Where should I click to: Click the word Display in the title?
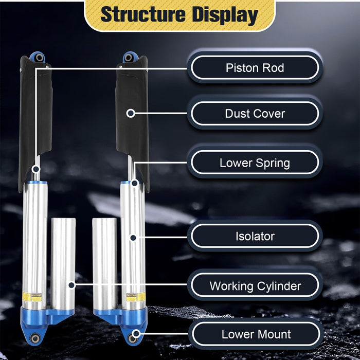point(225,15)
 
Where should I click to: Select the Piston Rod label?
point(255,68)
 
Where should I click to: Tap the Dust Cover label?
point(255,114)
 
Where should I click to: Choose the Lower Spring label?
point(255,163)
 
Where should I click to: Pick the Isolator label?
point(255,237)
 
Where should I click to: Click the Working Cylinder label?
point(255,286)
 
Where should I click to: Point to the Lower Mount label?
point(255,334)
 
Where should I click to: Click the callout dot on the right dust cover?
point(131,113)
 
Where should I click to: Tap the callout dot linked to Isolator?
point(132,238)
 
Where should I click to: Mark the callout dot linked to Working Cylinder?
point(71,284)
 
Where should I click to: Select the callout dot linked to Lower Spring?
point(134,183)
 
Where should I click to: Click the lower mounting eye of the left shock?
point(35,338)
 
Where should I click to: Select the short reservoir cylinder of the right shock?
point(104,262)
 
